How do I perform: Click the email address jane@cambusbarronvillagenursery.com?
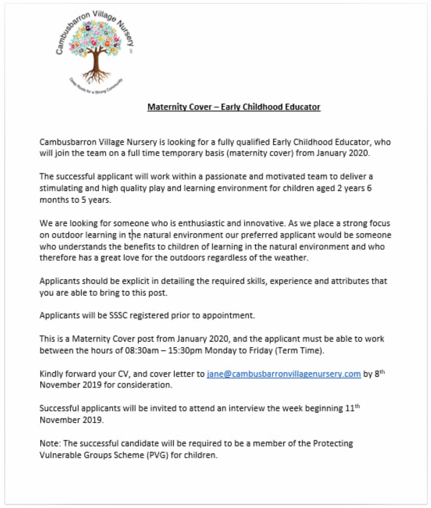[284, 374]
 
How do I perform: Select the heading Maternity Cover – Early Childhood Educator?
[234, 107]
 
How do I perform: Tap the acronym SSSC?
[118, 315]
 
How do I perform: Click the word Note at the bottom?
[49, 443]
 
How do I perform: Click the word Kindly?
[51, 374]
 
